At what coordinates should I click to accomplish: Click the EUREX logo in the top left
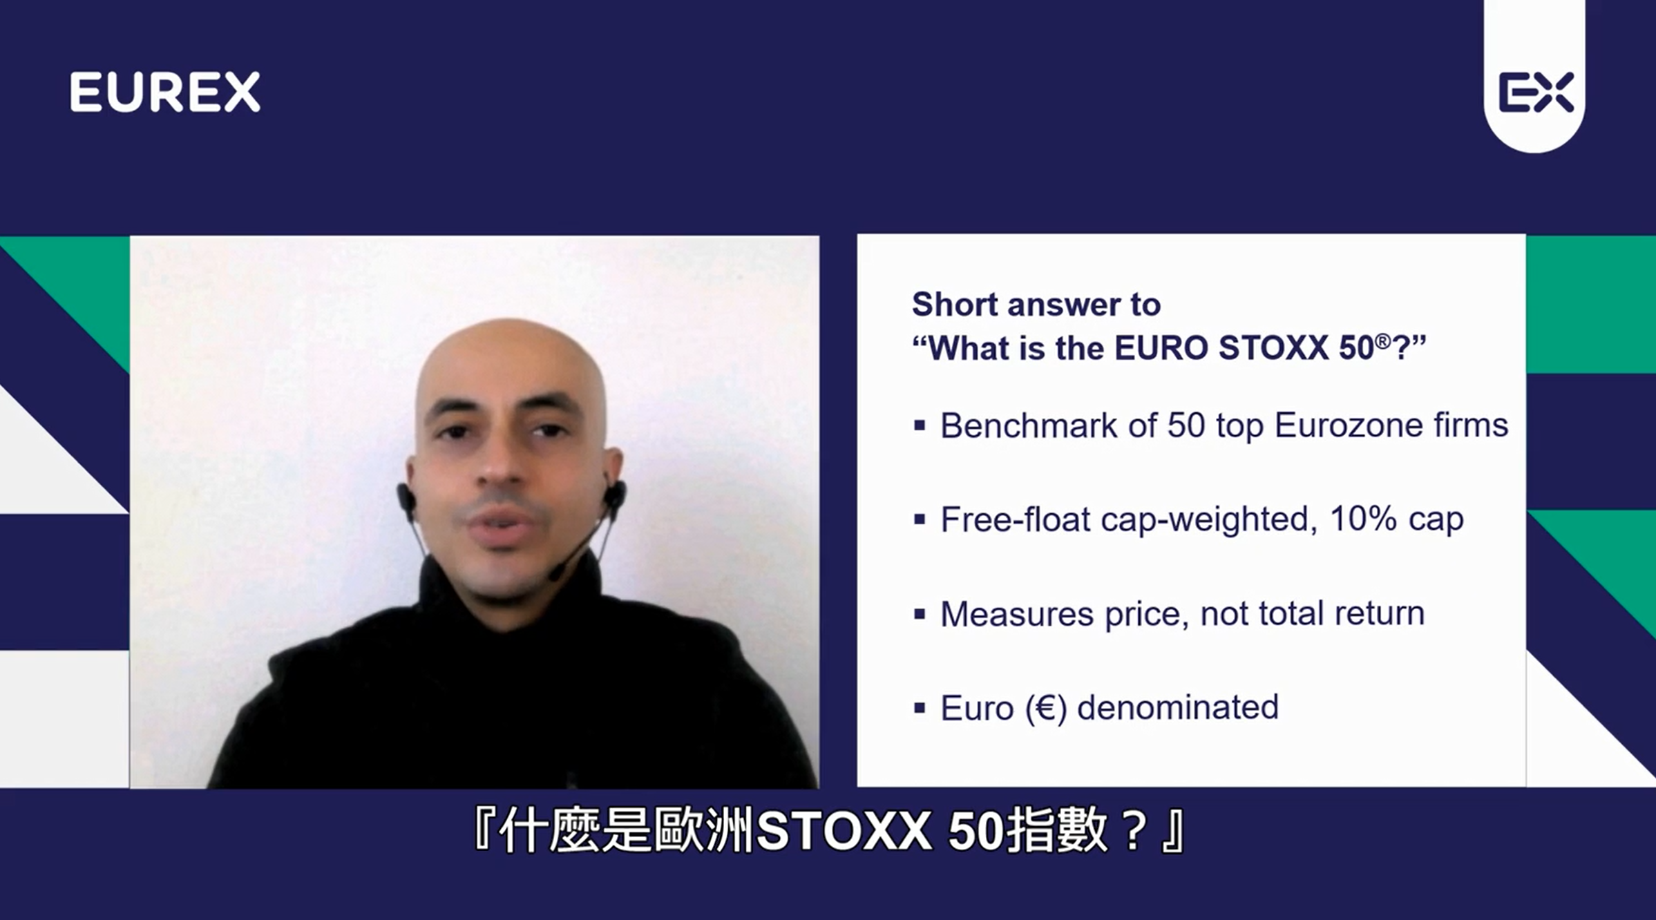165,92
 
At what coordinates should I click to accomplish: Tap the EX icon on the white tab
1536,92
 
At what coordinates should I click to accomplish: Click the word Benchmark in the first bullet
1029,425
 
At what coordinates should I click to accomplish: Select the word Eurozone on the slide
1349,425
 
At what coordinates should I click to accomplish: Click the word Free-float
1016,519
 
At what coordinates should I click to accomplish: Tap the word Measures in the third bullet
1017,614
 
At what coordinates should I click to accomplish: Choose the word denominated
1178,708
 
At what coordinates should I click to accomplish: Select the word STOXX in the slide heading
1273,348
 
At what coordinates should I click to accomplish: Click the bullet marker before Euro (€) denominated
919,708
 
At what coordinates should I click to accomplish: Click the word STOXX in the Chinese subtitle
844,832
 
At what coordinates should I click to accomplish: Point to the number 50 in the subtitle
976,832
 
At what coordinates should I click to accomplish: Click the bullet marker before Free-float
919,519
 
